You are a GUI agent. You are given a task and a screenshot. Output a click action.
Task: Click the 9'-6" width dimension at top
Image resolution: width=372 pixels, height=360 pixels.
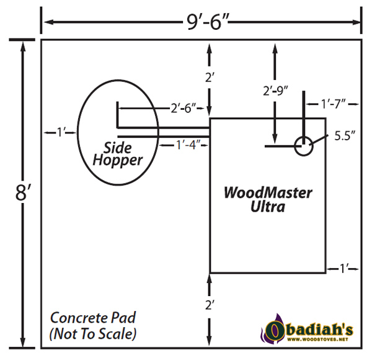tap(208, 22)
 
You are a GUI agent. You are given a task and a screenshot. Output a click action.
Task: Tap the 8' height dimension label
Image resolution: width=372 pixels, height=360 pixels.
tap(22, 192)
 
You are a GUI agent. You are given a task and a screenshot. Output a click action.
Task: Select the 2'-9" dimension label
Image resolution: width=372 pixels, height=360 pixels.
tap(275, 91)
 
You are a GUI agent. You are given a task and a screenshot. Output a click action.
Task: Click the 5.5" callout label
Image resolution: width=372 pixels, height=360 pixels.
tap(345, 136)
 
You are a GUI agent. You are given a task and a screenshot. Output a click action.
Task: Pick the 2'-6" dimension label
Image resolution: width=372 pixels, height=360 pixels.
tap(184, 109)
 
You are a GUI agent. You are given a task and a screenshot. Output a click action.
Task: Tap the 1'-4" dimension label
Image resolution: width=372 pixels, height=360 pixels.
tap(188, 145)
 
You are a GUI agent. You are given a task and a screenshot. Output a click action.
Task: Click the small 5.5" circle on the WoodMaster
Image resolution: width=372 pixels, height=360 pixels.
tap(304, 146)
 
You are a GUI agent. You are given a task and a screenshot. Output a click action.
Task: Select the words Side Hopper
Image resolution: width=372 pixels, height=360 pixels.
tap(118, 155)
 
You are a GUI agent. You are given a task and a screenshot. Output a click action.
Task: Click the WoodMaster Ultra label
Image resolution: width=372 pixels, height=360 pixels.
tap(268, 199)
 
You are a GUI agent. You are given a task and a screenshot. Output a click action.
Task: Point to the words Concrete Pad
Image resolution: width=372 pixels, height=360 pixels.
tap(93, 318)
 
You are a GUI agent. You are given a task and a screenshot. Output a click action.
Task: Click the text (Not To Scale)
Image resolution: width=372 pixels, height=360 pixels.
tap(93, 334)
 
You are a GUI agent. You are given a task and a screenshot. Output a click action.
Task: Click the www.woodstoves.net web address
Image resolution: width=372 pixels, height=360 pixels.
tap(317, 340)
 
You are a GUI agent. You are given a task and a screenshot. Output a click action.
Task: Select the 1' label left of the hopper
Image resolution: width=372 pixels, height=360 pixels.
tap(60, 132)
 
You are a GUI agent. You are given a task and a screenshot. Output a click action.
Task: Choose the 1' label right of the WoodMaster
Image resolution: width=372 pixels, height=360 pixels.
tap(343, 269)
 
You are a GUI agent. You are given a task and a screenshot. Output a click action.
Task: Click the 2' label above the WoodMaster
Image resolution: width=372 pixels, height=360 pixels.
tap(210, 77)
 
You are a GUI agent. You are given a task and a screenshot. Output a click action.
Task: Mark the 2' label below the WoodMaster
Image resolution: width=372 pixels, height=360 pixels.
tap(210, 305)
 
